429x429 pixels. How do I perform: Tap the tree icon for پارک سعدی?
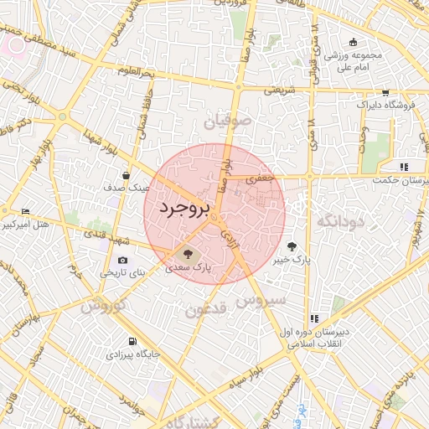[x=187, y=252]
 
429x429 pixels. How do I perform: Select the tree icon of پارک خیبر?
[x=292, y=246]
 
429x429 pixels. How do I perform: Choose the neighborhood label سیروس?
[x=263, y=299]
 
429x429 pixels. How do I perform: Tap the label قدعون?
[x=206, y=310]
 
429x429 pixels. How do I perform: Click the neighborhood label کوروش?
[x=103, y=305]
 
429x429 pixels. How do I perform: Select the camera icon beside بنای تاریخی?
[x=124, y=261]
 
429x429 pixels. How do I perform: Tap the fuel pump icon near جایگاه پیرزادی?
[x=132, y=341]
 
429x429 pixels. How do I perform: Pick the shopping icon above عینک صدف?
[x=126, y=176]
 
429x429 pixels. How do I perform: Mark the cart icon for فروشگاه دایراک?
[x=385, y=93]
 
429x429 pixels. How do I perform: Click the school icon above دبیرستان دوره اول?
[x=314, y=318]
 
